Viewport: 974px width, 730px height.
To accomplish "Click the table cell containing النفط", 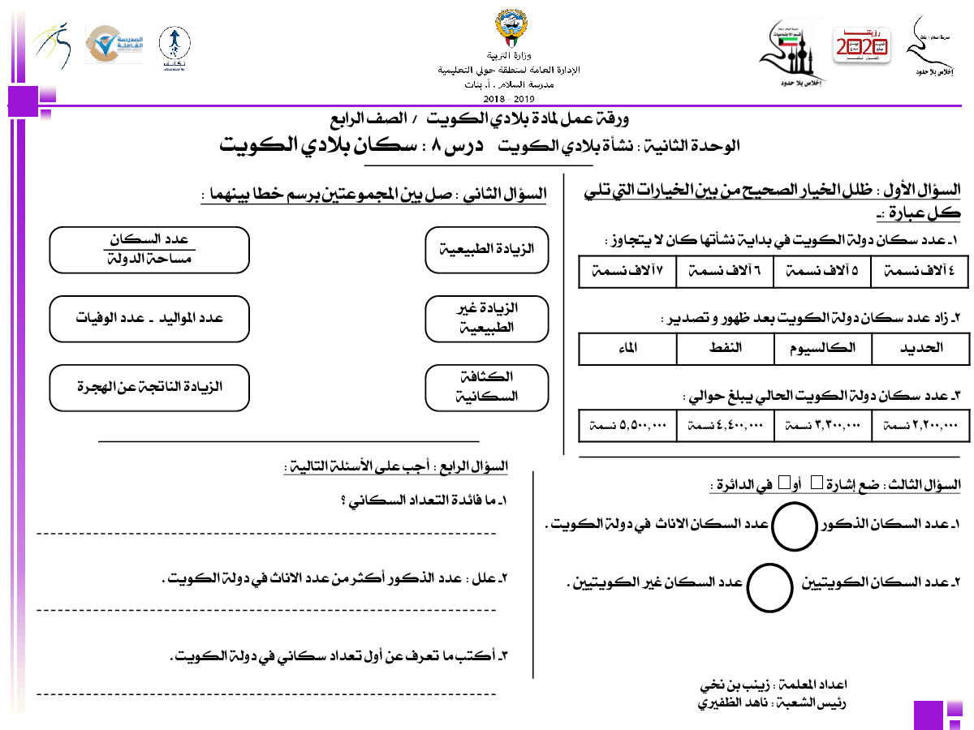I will pyautogui.click(x=725, y=348).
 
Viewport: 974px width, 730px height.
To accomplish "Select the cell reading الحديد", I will pyautogui.click(x=920, y=348).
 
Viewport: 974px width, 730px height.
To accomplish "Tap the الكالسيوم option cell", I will pyautogui.click(x=822, y=348).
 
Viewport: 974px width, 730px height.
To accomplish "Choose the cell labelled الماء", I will pyautogui.click(x=627, y=348).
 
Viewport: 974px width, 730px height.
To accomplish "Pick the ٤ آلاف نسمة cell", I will pyautogui.click(x=920, y=273).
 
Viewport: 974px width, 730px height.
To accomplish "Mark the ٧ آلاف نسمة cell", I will pyautogui.click(x=627, y=273).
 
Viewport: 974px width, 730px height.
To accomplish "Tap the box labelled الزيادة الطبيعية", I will pyautogui.click(x=486, y=250).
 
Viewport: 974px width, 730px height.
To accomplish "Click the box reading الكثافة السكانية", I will pyautogui.click(x=486, y=388).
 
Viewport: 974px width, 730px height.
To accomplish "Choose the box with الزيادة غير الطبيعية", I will pyautogui.click(x=486, y=319).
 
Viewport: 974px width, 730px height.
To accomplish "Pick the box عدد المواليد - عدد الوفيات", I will pyautogui.click(x=149, y=319).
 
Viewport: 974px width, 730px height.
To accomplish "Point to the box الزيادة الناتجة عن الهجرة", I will pyautogui.click(x=149, y=388).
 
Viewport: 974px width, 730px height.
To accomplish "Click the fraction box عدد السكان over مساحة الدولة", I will pyautogui.click(x=149, y=250).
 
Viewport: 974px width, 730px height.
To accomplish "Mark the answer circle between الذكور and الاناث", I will pyautogui.click(x=793, y=525).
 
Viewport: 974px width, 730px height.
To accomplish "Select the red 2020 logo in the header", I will pyautogui.click(x=863, y=45).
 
